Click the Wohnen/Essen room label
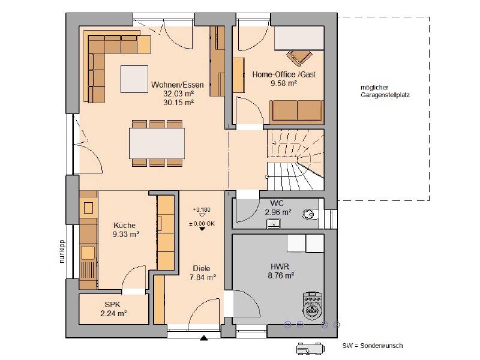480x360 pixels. coord(177,85)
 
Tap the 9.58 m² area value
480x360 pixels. coord(284,83)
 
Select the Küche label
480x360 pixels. coord(125,226)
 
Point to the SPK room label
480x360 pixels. coord(112,305)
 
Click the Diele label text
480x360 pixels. coord(202,268)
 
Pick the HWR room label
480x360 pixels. coord(280,266)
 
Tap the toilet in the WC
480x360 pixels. coord(310,214)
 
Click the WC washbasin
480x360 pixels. coord(274,223)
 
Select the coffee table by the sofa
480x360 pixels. coord(134,79)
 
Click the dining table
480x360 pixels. coord(157,143)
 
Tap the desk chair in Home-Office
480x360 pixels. coord(299,58)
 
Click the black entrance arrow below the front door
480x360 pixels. coord(204,338)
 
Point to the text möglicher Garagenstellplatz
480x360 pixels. coord(385,91)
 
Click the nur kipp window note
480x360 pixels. coord(62,251)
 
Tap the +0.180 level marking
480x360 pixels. coord(202,209)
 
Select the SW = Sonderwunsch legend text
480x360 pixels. coord(373,346)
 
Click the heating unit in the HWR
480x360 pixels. coord(312,306)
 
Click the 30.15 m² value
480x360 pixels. coord(178,102)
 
